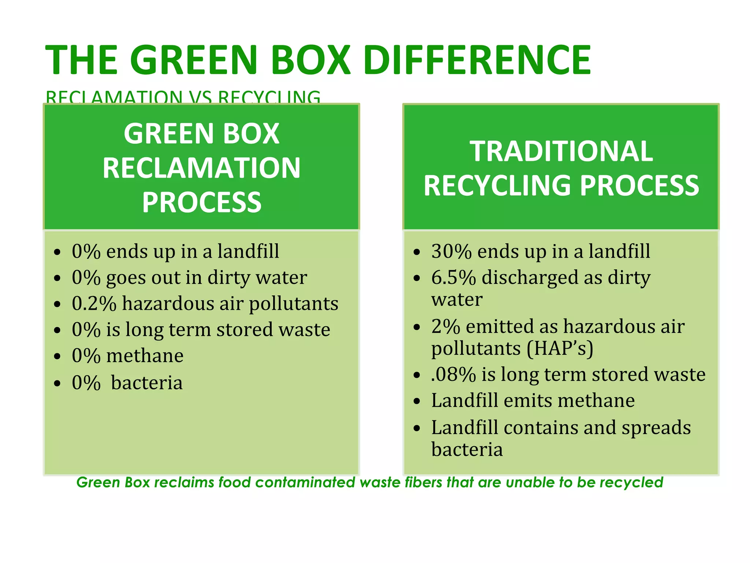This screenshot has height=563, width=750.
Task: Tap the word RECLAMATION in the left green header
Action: click(x=201, y=168)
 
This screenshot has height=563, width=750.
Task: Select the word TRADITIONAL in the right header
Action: click(x=561, y=151)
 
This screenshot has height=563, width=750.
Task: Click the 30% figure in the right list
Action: click(x=451, y=251)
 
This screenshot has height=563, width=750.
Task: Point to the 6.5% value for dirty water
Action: click(x=453, y=277)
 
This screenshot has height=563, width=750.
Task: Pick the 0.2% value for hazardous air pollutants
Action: click(x=94, y=303)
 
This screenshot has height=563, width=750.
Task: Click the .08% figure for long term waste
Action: click(x=453, y=375)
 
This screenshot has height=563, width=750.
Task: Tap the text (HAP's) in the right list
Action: click(x=560, y=348)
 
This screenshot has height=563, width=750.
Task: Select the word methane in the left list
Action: click(x=145, y=356)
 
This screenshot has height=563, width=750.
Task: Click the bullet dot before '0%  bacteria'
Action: click(x=57, y=383)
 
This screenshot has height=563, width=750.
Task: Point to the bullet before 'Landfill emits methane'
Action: click(x=416, y=401)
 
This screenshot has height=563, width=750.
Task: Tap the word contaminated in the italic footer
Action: click(x=305, y=482)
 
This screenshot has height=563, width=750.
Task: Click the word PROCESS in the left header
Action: click(x=201, y=202)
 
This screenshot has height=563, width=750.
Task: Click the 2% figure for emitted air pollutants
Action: click(x=445, y=326)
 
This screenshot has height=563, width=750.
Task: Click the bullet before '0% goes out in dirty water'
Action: click(x=57, y=278)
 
